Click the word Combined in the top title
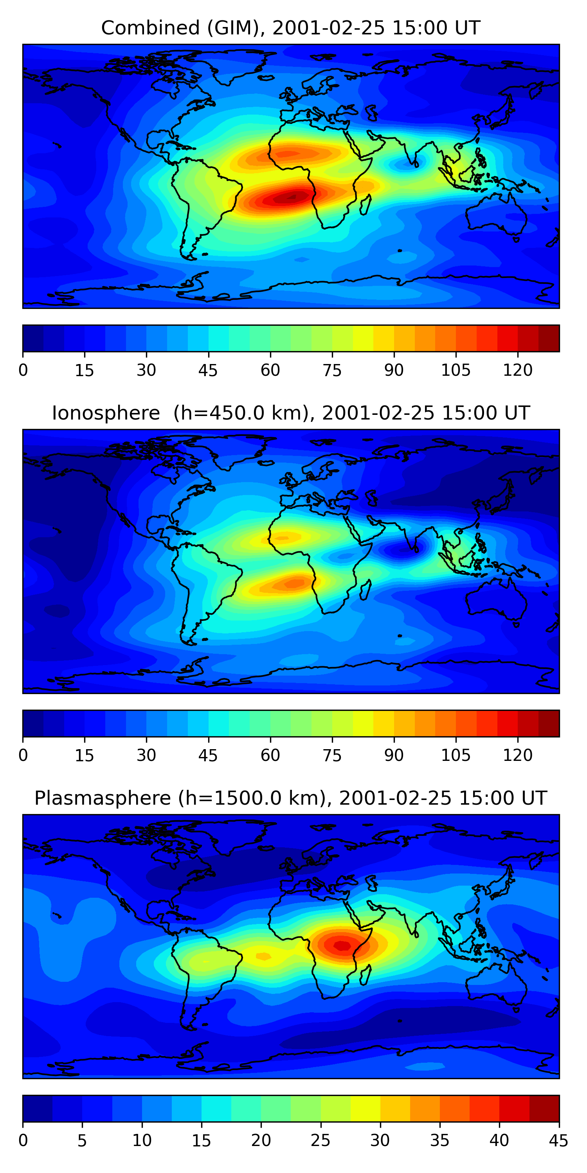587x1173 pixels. [150, 28]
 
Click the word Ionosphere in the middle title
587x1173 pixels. [106, 413]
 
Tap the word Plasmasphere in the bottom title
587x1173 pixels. [103, 798]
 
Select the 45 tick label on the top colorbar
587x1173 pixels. [208, 370]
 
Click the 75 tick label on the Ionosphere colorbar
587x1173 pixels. [332, 755]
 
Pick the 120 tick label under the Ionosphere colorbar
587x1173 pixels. [518, 755]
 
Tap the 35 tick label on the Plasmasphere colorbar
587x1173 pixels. [440, 1140]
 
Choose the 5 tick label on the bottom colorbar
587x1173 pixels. [82, 1140]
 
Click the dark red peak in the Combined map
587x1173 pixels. [292, 197]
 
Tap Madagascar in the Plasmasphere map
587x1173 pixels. [365, 974]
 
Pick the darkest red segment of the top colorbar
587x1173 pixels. [549, 338]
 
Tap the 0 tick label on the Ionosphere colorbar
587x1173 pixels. [23, 755]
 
